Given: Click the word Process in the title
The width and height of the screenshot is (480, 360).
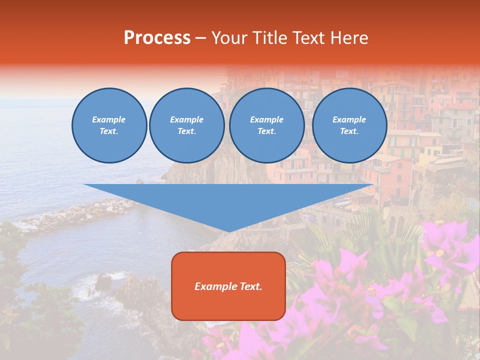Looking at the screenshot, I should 157,38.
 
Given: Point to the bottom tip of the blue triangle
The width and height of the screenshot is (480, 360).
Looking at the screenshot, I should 229,231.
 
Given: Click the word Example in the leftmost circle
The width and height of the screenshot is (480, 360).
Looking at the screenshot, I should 109,119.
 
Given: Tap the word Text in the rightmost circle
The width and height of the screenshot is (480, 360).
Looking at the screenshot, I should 349,131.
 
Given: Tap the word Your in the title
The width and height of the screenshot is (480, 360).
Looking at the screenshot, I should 228,38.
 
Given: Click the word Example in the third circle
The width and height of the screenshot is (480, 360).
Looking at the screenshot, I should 266,119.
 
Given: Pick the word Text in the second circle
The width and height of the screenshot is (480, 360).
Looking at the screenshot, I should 186,131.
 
